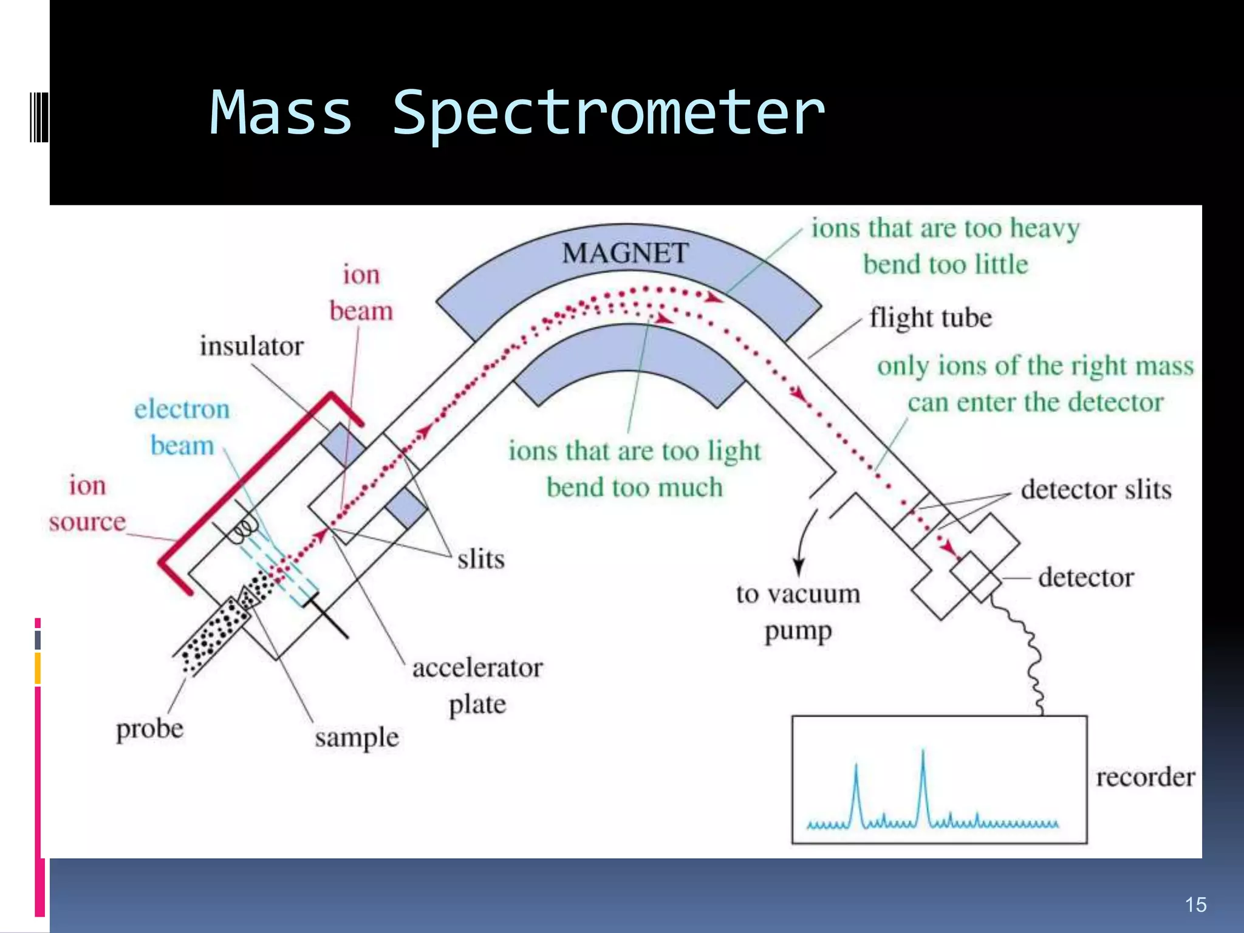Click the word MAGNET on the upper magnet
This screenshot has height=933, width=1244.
click(x=625, y=253)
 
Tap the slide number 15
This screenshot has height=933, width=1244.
click(x=1195, y=904)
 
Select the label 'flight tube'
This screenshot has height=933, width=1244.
click(x=930, y=318)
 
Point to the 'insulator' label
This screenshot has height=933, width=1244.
click(x=251, y=346)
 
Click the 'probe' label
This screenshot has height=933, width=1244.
click(x=149, y=729)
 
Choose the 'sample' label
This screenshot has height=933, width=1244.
click(x=357, y=737)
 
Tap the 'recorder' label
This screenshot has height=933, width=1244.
click(x=1145, y=777)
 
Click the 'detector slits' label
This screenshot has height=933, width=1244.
click(x=1096, y=490)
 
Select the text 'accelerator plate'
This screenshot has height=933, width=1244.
click(x=477, y=686)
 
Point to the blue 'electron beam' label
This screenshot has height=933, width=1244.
click(x=182, y=427)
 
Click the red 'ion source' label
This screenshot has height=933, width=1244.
click(x=87, y=504)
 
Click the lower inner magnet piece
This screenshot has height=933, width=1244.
click(x=629, y=364)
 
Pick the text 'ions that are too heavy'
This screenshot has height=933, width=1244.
click(x=945, y=228)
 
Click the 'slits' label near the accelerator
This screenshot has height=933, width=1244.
click(x=480, y=559)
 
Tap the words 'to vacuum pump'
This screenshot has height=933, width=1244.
click(x=798, y=612)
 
